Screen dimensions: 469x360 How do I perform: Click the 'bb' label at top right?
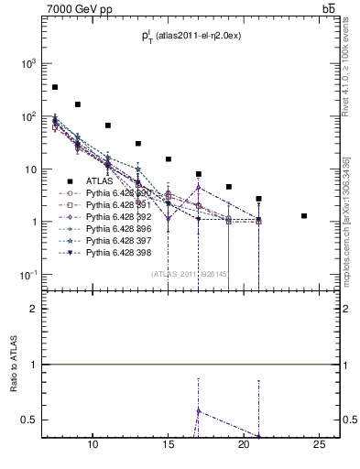click(328, 9)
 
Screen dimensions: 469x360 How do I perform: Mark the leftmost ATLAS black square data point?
click(55, 87)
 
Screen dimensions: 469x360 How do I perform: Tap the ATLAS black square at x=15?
click(169, 159)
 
